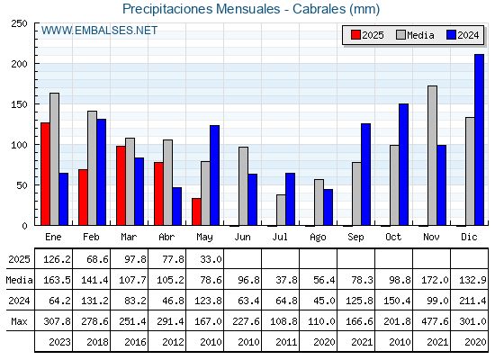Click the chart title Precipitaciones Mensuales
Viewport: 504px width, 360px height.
(x=202, y=9)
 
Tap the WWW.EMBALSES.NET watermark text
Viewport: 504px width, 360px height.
(x=99, y=31)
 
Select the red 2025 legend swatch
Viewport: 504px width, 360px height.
(x=355, y=35)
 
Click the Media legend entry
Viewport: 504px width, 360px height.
(x=415, y=35)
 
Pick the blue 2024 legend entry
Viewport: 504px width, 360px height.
(x=463, y=35)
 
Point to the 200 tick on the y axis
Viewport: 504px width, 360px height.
(x=19, y=64)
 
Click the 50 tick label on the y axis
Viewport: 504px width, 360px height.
(x=22, y=185)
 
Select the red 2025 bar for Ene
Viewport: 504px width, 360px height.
(x=45, y=174)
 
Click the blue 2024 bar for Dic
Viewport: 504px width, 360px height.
(x=479, y=139)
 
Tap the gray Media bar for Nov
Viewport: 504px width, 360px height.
(x=432, y=156)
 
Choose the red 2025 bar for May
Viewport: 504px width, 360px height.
(x=196, y=211)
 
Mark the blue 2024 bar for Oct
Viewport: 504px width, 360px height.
(x=404, y=165)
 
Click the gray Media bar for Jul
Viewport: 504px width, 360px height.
(x=281, y=210)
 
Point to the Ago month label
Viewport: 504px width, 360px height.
(x=318, y=238)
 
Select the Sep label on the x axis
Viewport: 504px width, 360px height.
(x=355, y=238)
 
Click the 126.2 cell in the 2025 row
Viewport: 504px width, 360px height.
(x=57, y=259)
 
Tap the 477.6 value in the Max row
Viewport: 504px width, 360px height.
(x=435, y=321)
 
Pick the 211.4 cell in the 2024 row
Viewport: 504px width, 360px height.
(x=472, y=301)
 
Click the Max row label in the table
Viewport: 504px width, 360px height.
(x=19, y=321)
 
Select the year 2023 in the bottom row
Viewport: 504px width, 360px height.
(x=59, y=342)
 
